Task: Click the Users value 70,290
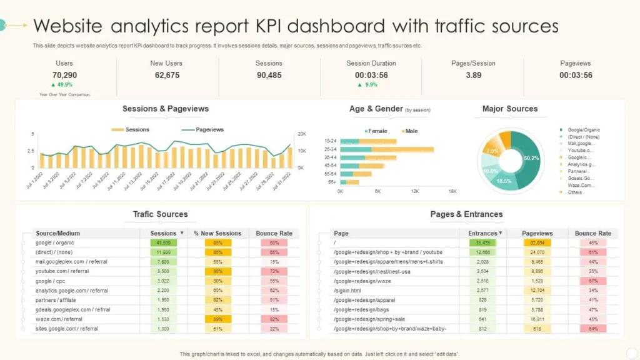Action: point(64,75)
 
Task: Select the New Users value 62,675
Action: point(166,75)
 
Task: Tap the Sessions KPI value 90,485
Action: point(269,75)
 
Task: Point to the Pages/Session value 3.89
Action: point(473,75)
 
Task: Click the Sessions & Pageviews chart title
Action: point(166,109)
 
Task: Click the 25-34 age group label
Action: point(331,149)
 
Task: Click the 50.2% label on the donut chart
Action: point(531,158)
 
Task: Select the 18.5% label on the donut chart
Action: point(504,181)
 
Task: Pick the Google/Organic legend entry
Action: point(584,130)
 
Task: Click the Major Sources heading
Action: point(510,109)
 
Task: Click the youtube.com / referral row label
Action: point(62,271)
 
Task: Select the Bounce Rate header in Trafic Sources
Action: point(274,233)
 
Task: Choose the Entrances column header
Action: point(483,233)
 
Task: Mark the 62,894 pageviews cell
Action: point(537,242)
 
